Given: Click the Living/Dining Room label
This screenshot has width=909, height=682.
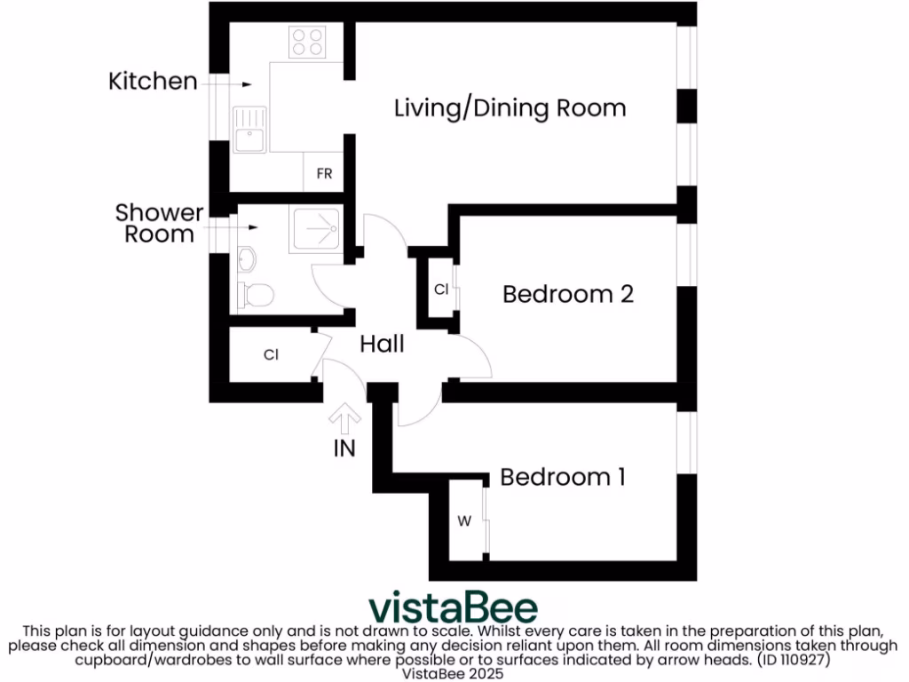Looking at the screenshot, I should click(x=510, y=108).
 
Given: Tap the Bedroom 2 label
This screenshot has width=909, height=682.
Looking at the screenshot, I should click(x=568, y=294).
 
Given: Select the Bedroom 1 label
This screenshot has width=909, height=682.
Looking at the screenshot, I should click(x=563, y=477).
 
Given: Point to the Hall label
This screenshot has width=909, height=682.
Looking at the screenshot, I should click(x=382, y=344).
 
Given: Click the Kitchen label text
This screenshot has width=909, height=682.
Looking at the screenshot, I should click(x=153, y=82).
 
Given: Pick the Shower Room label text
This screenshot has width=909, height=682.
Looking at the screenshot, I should click(x=159, y=224).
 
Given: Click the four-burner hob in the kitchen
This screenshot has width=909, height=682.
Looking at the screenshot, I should click(x=307, y=42).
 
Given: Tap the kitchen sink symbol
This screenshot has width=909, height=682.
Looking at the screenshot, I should click(x=249, y=130).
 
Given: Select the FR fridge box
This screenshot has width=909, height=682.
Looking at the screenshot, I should click(x=324, y=174).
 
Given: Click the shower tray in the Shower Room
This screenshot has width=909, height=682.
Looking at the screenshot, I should click(x=316, y=229).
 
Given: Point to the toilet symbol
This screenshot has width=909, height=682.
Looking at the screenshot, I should click(x=257, y=295).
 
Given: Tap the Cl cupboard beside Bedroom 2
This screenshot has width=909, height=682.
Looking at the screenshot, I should click(x=440, y=289).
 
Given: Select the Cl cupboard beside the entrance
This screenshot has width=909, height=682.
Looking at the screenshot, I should click(x=272, y=355).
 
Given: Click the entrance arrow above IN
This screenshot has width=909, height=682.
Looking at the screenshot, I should click(x=344, y=416).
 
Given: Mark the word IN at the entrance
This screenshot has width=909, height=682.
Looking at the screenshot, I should click(x=344, y=448).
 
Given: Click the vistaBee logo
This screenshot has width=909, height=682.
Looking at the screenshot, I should click(x=453, y=608).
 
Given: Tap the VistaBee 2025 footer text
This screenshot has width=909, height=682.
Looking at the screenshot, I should click(x=453, y=674).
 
